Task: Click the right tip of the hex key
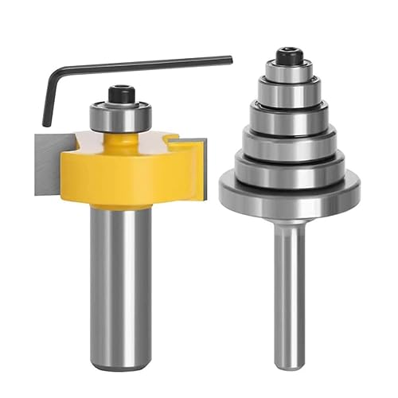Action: click(x=229, y=60)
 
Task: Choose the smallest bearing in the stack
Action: click(x=287, y=72)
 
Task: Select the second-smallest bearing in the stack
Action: click(x=287, y=91)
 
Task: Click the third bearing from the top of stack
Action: click(x=287, y=113)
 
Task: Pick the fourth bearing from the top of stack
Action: click(x=287, y=139)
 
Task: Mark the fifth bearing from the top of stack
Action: click(x=287, y=162)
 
